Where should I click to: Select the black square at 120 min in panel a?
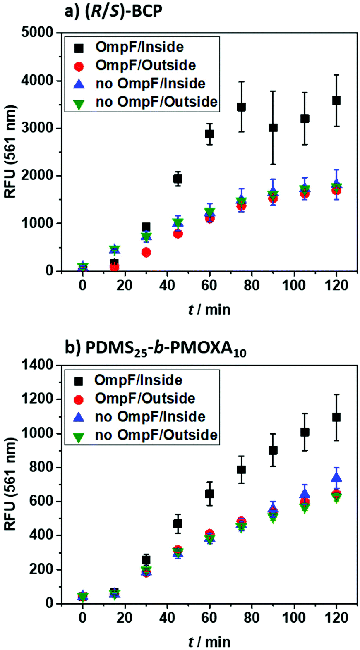[x=336, y=100]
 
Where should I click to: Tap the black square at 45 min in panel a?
[x=178, y=179]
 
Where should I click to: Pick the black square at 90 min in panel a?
[x=273, y=128]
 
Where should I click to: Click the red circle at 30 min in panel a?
[x=146, y=252]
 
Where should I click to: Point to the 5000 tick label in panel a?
[x=38, y=33]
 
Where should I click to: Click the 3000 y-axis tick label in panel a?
[x=38, y=128]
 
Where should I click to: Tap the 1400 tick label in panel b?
[x=38, y=365]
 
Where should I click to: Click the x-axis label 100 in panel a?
[x=294, y=285]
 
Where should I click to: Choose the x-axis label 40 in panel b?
[x=167, y=618]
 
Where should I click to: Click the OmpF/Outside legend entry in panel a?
[x=145, y=65]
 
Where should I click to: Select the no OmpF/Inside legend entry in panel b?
[x=150, y=417]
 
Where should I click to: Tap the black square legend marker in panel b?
[x=79, y=381]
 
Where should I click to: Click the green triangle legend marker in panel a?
[x=79, y=103]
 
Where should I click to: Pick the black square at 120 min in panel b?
[x=336, y=417]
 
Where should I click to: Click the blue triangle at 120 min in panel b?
[x=336, y=478]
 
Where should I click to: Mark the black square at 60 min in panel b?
[x=209, y=494]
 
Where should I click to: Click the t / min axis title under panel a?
[x=209, y=309]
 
